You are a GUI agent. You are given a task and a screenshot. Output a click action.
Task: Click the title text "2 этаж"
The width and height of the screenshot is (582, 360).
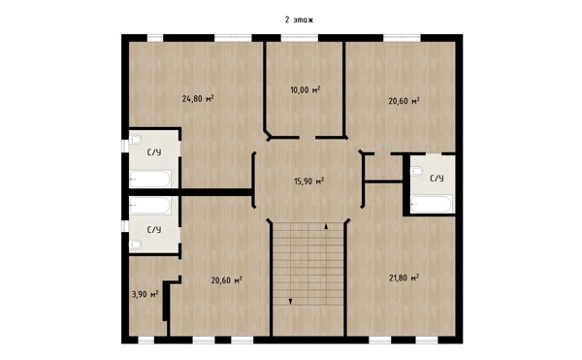(299, 19)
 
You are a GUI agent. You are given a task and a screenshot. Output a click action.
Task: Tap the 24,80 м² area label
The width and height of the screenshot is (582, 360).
(198, 98)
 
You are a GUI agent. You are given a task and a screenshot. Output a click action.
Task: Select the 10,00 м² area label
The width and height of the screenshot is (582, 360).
(306, 89)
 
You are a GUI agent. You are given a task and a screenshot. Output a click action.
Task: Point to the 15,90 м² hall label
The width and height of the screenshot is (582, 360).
(308, 181)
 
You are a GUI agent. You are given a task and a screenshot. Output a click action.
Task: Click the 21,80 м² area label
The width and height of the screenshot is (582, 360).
(404, 278)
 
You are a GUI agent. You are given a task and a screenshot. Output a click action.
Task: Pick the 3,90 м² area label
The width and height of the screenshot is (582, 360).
(145, 294)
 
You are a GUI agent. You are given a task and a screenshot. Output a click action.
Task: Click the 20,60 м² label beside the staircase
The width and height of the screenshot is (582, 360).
(226, 279)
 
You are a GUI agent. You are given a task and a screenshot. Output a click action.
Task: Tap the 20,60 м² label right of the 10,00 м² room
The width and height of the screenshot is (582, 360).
(404, 101)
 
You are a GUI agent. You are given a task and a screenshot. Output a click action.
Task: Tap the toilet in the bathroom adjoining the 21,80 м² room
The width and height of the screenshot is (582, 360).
(416, 171)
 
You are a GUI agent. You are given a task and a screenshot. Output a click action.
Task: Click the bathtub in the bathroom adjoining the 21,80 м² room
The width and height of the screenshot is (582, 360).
(432, 205)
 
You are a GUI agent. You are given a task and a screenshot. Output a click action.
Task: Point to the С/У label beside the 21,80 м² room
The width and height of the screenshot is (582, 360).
(436, 179)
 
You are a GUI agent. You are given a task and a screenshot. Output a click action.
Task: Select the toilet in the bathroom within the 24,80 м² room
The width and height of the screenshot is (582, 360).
(135, 140)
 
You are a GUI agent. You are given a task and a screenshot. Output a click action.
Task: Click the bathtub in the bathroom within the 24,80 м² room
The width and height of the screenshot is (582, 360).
(150, 180)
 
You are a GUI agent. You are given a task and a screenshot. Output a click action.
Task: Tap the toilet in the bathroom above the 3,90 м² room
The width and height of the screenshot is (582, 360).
(135, 245)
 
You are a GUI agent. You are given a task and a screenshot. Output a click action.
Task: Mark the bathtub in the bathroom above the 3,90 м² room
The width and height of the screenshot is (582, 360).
(150, 206)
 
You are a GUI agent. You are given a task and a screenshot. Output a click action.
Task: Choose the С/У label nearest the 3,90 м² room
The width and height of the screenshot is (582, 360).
(154, 230)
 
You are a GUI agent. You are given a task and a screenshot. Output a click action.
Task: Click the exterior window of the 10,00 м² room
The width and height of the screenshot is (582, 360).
(299, 38)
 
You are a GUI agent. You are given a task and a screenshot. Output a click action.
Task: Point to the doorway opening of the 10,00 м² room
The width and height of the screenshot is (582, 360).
(307, 138)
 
